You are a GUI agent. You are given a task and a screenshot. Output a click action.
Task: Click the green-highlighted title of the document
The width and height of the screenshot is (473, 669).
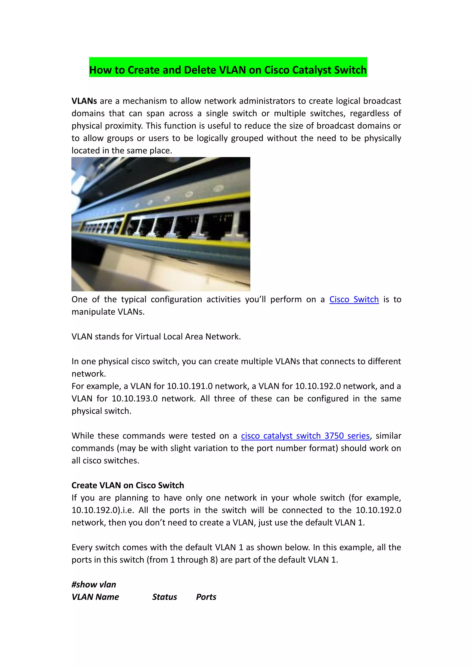pos(228,70)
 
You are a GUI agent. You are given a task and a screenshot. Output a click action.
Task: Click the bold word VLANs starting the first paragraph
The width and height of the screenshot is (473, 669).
pos(84,101)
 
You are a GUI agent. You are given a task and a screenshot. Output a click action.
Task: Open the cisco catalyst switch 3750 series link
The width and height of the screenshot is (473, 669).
pos(305,436)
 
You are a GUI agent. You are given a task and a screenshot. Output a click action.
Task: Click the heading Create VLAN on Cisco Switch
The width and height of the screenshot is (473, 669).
pos(128,485)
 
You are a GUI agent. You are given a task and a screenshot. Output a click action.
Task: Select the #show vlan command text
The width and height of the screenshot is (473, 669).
pos(94,584)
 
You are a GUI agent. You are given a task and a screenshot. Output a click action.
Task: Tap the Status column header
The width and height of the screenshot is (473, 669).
pos(165,597)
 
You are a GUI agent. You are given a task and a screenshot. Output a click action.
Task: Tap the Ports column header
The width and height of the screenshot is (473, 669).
pos(206,597)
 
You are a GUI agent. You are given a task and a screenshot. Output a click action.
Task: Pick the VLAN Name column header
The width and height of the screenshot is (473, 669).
pos(95,597)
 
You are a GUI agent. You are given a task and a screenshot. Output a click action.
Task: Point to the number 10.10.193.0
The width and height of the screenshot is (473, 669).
pos(135,398)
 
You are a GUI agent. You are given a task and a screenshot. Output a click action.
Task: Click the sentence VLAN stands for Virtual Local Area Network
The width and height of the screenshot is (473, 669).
pos(156,337)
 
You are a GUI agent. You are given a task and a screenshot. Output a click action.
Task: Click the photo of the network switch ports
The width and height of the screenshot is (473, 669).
pos(161,224)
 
